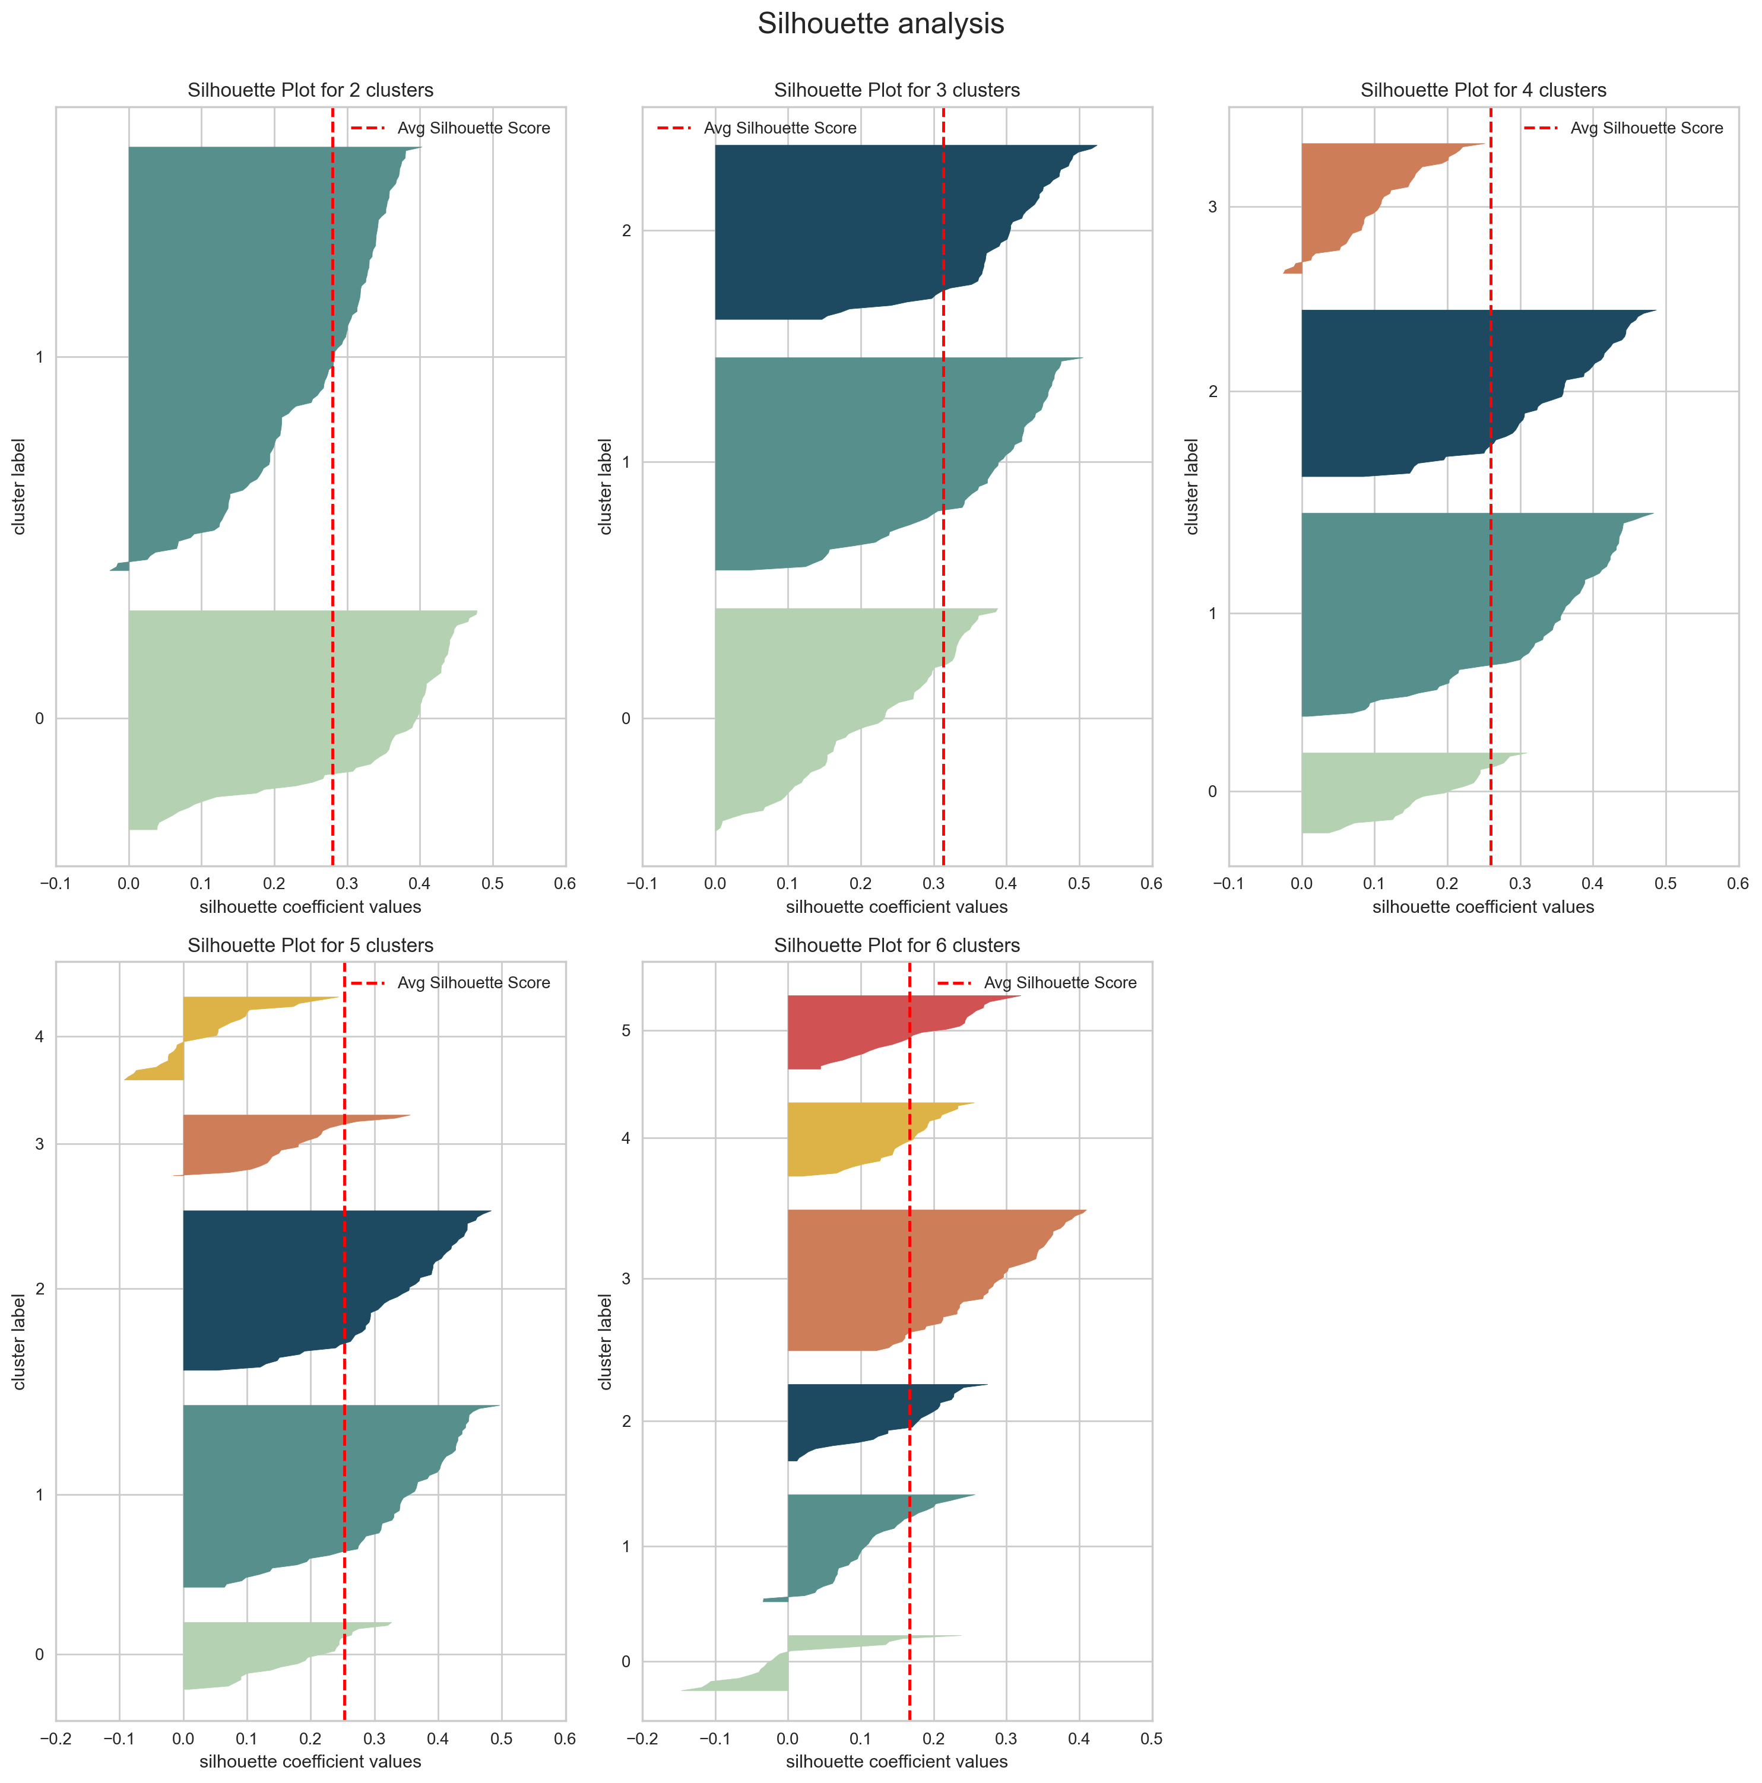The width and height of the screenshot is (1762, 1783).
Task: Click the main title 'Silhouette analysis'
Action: [880, 24]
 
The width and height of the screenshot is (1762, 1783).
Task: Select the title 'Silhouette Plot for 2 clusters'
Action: [310, 90]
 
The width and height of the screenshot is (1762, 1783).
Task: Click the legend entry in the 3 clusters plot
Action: [757, 128]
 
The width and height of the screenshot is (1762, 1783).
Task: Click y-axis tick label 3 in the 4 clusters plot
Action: [1213, 207]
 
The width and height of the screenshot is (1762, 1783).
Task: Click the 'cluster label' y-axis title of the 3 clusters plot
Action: [606, 486]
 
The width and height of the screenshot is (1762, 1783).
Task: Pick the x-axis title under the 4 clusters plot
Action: [1482, 907]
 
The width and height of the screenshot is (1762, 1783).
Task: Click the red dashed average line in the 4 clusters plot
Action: [1491, 554]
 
